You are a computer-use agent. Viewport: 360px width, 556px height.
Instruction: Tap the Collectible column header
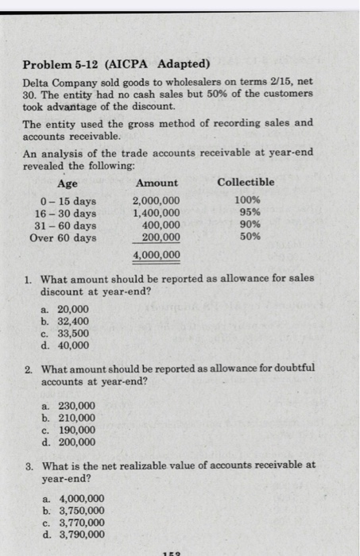246,182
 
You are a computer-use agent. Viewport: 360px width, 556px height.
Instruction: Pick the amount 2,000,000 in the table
156,200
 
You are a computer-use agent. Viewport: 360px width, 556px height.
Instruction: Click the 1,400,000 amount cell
156,212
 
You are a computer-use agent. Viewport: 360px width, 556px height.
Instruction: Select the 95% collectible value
248,212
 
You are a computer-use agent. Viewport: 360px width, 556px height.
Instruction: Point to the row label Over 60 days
62,237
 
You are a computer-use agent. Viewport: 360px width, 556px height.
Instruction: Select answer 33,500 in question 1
74,334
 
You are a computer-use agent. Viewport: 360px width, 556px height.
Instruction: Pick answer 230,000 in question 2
77,406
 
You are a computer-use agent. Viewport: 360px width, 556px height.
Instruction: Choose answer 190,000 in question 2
77,430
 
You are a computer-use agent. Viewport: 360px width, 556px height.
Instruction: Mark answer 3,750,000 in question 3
82,511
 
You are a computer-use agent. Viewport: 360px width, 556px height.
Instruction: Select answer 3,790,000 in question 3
82,535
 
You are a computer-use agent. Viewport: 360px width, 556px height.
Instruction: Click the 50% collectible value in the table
248,237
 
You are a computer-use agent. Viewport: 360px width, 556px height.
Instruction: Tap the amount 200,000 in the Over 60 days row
161,237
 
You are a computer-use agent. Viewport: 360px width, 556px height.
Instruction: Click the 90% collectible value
248,225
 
